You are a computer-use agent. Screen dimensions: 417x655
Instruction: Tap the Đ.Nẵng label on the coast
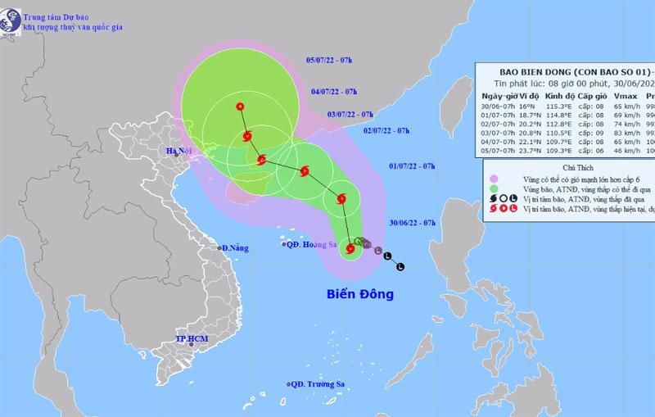coord(234,247)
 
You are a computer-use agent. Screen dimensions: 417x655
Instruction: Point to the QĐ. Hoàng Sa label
coord(310,244)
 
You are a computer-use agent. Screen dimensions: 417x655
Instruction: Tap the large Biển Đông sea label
coord(361,293)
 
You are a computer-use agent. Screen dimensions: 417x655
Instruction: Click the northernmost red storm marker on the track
coord(239,107)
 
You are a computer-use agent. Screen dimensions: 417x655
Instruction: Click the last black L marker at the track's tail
coord(400,266)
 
